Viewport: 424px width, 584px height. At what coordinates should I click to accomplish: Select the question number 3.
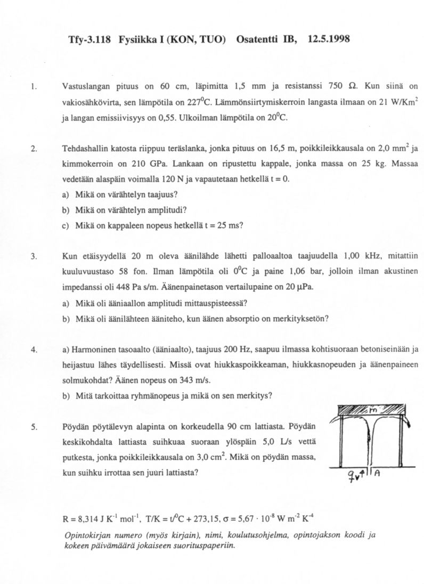click(x=33, y=256)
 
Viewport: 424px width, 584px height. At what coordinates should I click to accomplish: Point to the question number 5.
click(x=33, y=427)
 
